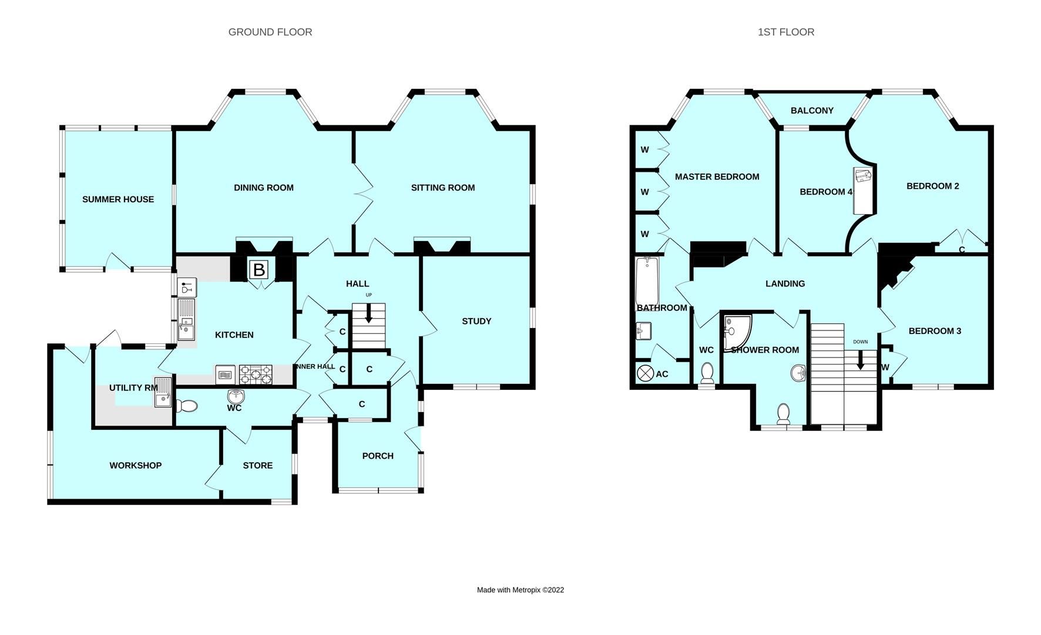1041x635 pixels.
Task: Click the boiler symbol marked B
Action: coord(259,270)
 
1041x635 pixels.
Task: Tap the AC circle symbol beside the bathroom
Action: coord(646,373)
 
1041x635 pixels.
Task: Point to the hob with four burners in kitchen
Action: coord(256,374)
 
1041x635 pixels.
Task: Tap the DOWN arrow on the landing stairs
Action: coord(861,359)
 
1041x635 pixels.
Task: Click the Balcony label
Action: coord(812,111)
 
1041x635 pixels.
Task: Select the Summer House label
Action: coord(118,199)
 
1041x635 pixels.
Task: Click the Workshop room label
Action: coord(136,465)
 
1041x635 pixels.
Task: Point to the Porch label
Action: coord(378,456)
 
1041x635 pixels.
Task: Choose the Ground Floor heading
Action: coord(270,32)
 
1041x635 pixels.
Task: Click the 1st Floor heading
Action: coord(786,32)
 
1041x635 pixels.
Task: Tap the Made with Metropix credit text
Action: coord(520,590)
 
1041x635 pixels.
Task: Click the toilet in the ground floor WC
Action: coord(187,406)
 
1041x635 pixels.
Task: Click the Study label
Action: coord(476,321)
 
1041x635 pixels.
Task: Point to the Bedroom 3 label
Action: coord(935,331)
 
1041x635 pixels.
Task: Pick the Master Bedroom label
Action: coord(717,176)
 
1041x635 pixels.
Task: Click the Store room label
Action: coord(258,465)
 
